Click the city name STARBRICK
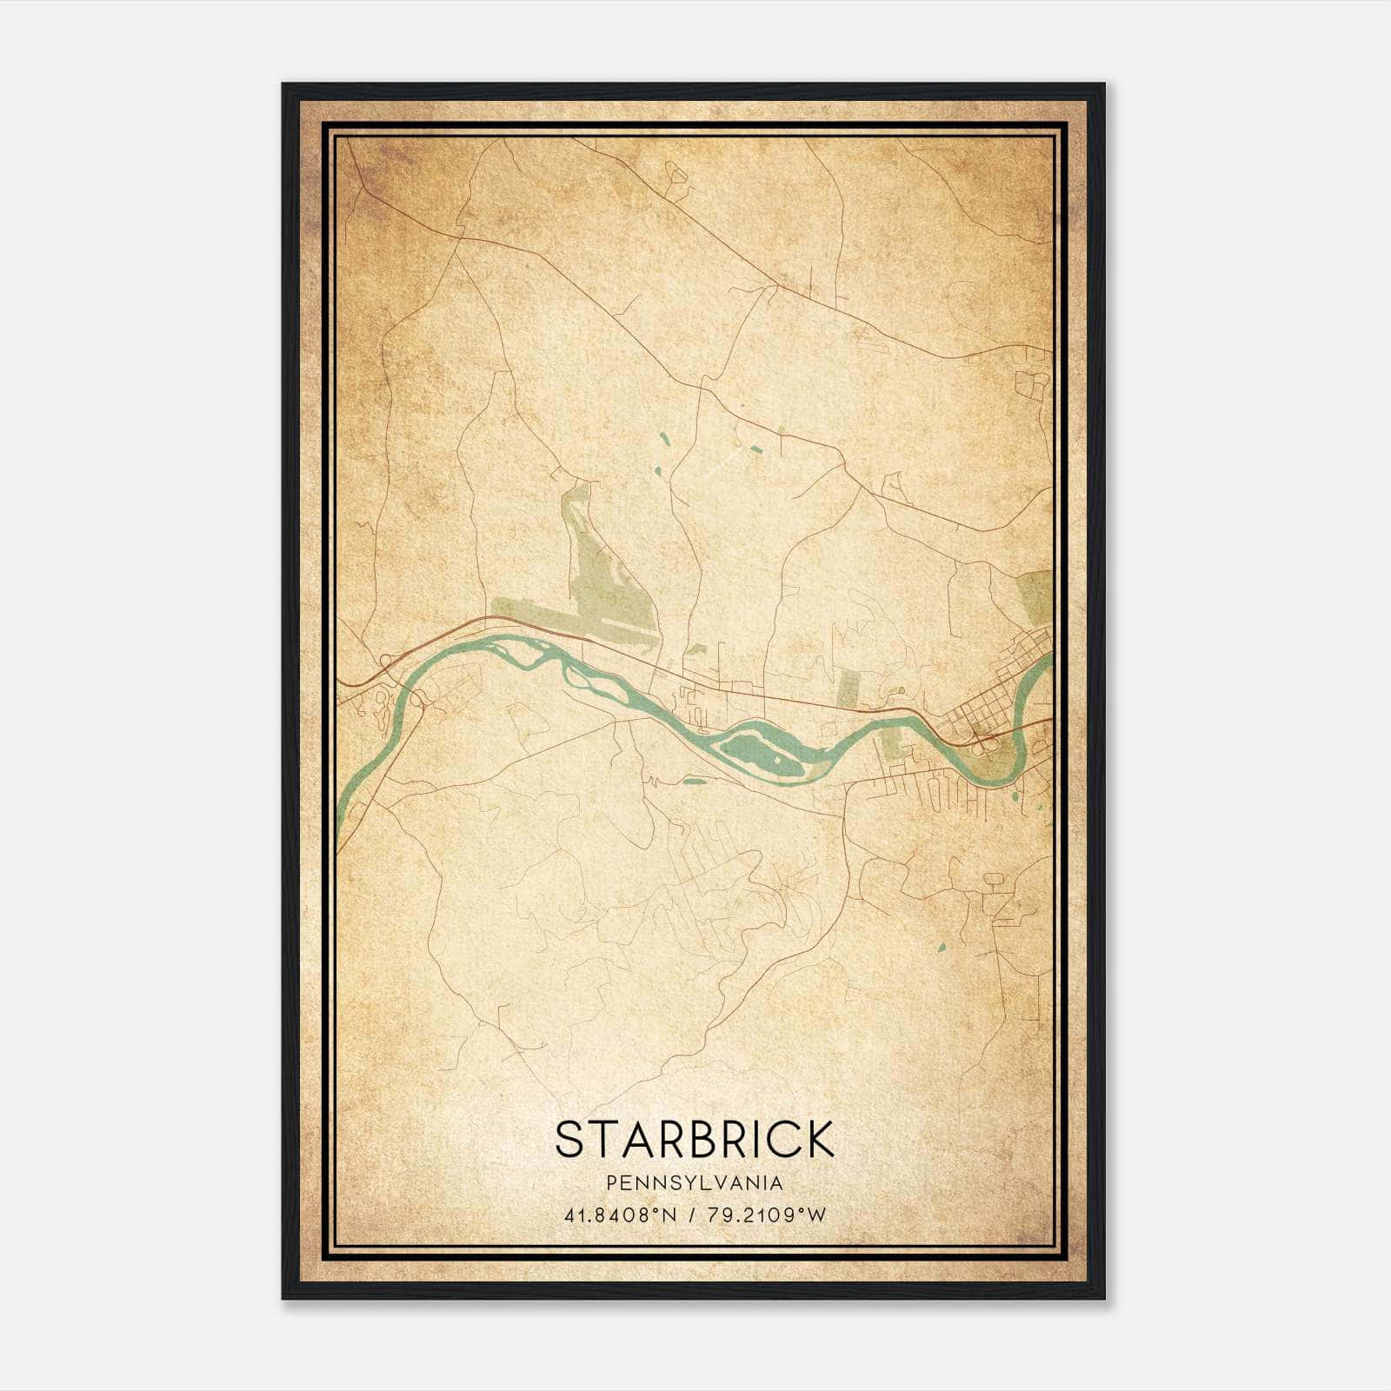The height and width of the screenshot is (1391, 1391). click(694, 1139)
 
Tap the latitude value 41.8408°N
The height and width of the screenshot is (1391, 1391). click(620, 1215)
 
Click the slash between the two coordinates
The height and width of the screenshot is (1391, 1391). click(689, 1215)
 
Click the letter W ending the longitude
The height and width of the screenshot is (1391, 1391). click(816, 1215)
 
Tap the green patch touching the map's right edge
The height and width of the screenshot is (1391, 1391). click(1036, 596)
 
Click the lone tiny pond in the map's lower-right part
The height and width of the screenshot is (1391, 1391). click(941, 946)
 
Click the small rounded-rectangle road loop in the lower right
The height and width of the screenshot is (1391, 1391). click(994, 881)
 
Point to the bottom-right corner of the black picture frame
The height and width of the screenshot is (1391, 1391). click(1103, 1298)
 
